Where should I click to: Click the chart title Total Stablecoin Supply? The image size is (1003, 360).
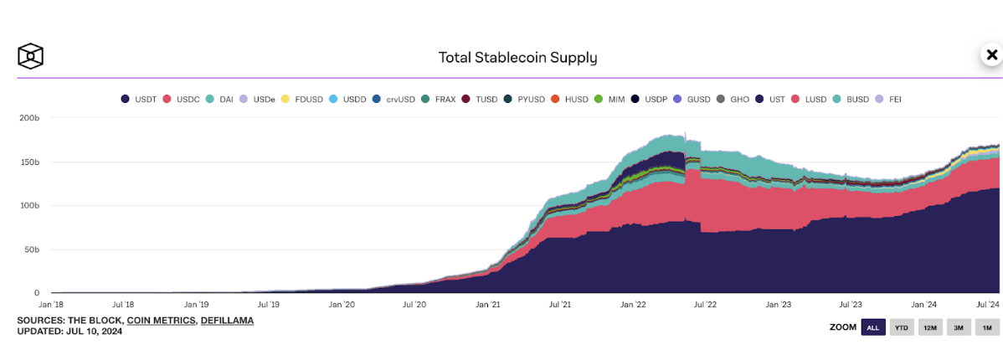(517, 58)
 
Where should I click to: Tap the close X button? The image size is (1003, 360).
(991, 55)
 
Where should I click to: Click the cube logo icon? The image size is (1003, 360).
(31, 56)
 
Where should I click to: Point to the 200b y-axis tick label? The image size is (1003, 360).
(28, 118)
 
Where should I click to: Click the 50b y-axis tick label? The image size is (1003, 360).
(31, 249)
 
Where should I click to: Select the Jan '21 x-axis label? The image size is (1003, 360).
(487, 306)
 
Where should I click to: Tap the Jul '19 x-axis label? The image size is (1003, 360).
(269, 306)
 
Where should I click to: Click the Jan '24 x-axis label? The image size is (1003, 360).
(923, 306)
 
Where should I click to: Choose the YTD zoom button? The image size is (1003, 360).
(901, 327)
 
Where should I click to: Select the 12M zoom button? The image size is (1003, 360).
(929, 327)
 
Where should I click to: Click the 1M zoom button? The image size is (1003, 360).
(986, 327)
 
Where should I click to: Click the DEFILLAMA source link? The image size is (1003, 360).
(227, 321)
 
